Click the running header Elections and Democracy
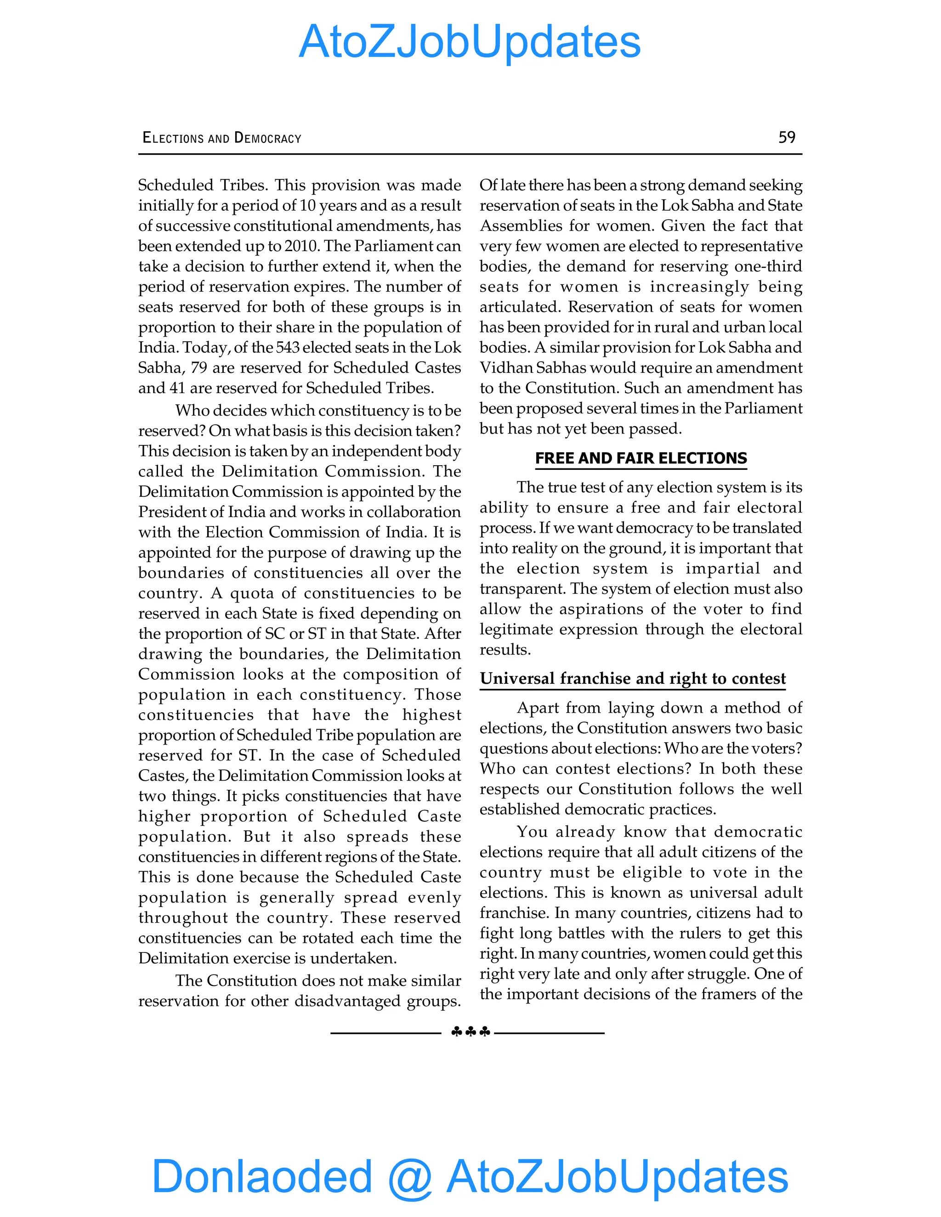pos(222,138)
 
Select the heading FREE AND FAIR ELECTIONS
pos(641,458)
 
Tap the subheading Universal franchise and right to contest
pos(633,678)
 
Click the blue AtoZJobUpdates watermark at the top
pos(470,42)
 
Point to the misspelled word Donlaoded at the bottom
pos(262,1176)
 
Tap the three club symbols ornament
pos(470,1032)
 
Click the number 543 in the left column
pos(288,348)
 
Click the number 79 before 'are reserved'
pos(199,368)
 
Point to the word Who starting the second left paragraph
pos(192,411)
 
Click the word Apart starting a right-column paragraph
pos(539,708)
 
